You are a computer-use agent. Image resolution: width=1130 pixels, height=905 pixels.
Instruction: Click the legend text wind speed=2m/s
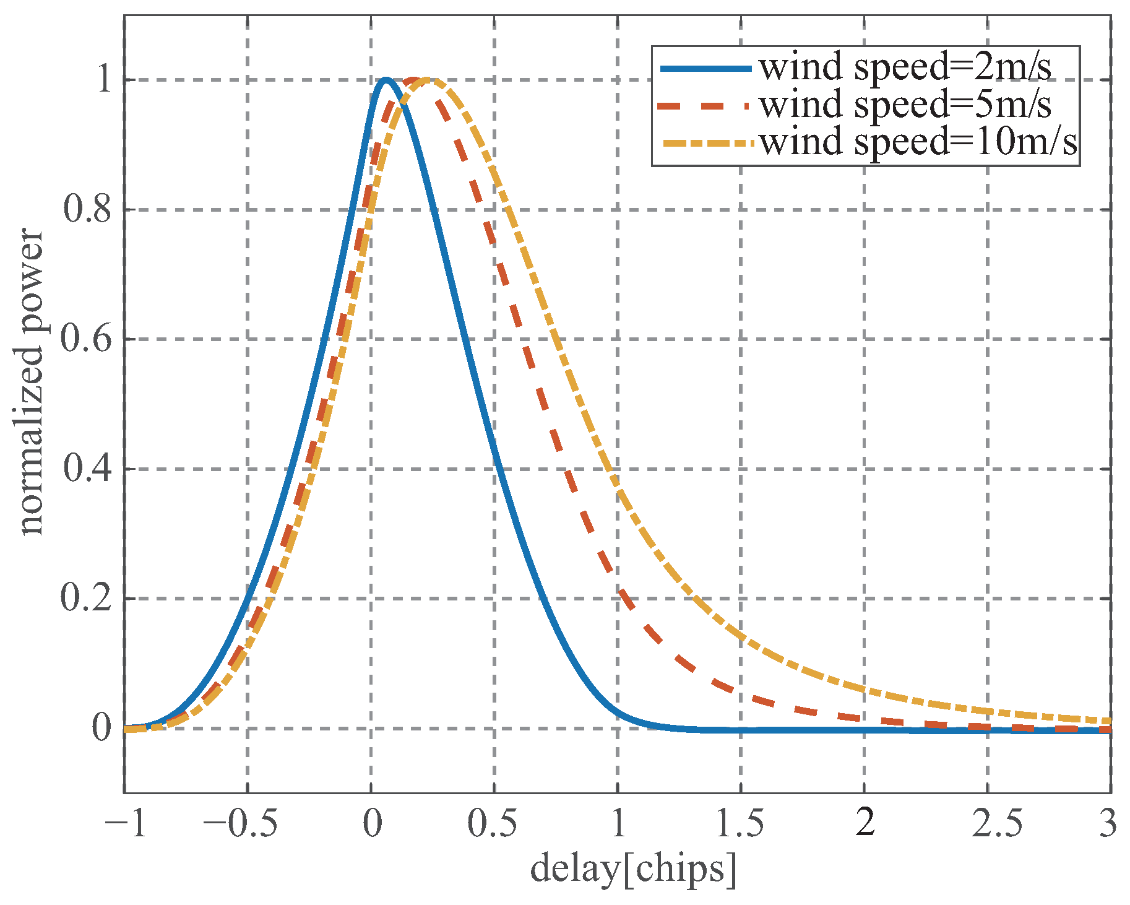pyautogui.click(x=905, y=67)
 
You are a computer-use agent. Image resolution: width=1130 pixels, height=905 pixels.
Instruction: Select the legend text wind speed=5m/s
pyautogui.click(x=905, y=105)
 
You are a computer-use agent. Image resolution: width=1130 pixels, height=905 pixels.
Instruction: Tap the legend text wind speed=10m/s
pyautogui.click(x=918, y=142)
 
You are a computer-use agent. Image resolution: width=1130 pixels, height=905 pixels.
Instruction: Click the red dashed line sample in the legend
pyautogui.click(x=705, y=106)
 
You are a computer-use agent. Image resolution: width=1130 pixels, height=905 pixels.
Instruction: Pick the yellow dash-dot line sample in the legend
pyautogui.click(x=705, y=144)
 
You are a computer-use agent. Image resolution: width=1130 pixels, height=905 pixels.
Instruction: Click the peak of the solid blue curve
pyautogui.click(x=386, y=79)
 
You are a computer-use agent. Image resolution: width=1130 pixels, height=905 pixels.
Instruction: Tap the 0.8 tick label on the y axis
pyautogui.click(x=87, y=210)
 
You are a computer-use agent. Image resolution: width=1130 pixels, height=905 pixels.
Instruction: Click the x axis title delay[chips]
pyautogui.click(x=633, y=869)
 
